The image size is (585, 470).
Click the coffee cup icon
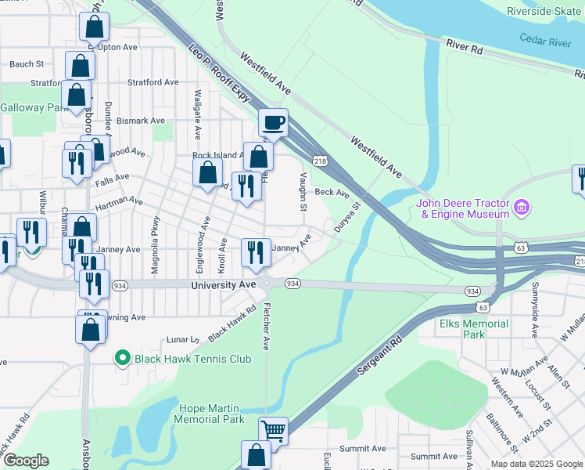click(273, 123)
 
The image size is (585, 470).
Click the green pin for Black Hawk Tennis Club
click(122, 359)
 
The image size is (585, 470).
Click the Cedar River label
click(544, 41)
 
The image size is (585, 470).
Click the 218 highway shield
click(320, 161)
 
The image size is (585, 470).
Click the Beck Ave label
click(331, 191)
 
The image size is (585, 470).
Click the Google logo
click(26, 461)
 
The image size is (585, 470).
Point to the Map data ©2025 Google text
click(536, 464)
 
